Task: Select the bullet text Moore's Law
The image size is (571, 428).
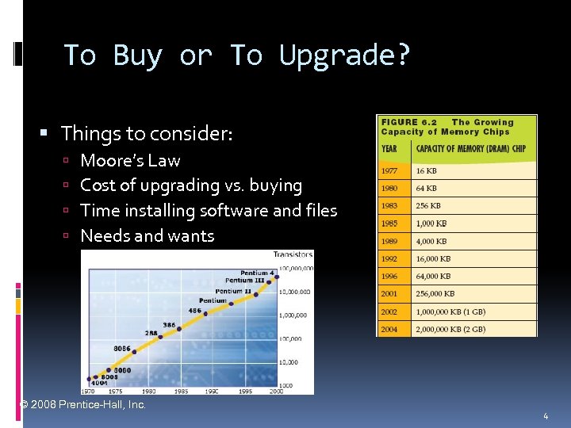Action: pyautogui.click(x=130, y=160)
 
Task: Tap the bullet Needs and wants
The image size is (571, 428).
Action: pyautogui.click(x=147, y=235)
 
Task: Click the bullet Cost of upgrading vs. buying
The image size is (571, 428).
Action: pyautogui.click(x=191, y=185)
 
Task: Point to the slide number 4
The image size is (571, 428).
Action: pyautogui.click(x=546, y=416)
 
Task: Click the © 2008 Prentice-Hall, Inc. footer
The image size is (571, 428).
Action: pyautogui.click(x=83, y=405)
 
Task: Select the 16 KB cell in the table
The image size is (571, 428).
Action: pyautogui.click(x=427, y=171)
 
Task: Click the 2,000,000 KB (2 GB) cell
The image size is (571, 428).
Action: pyautogui.click(x=450, y=329)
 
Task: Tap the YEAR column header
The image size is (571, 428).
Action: pyautogui.click(x=390, y=148)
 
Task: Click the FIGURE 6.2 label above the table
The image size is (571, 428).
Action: pyautogui.click(x=411, y=123)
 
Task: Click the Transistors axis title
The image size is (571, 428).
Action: pyautogui.click(x=293, y=254)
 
